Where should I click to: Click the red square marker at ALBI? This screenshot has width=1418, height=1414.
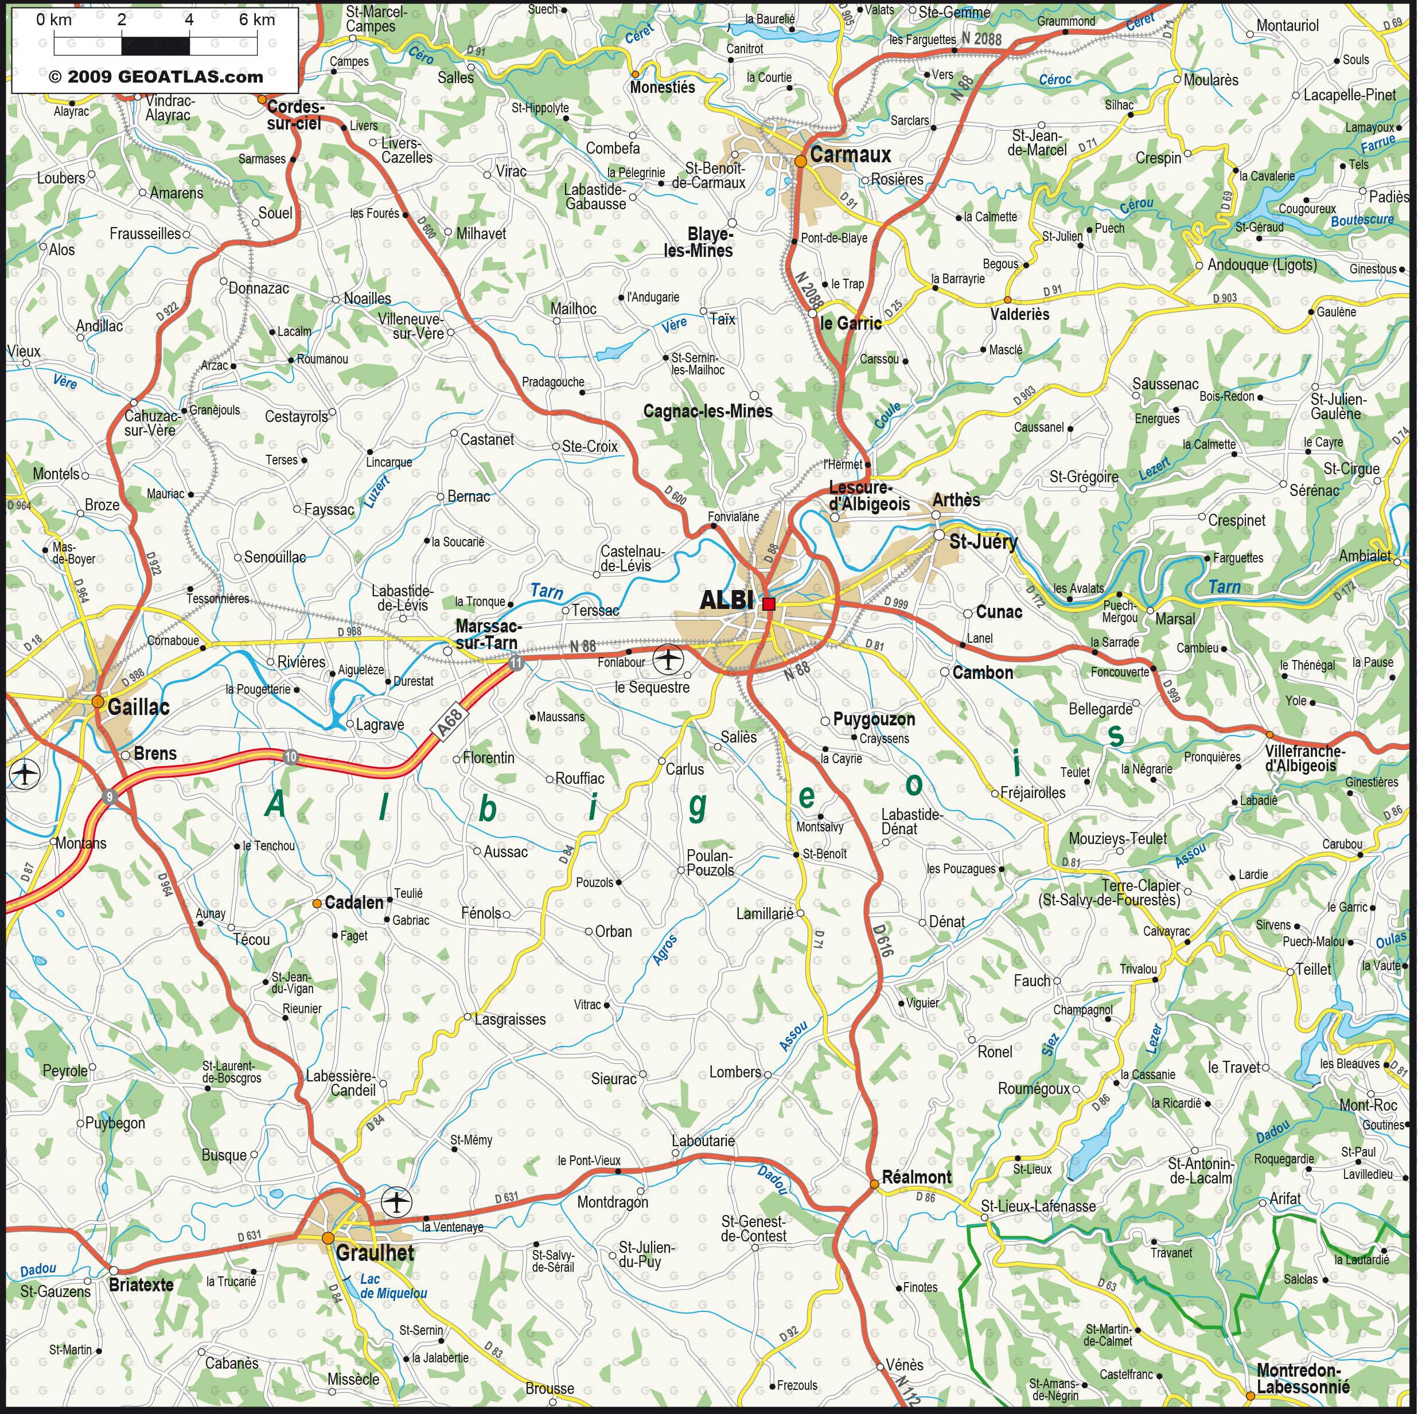[x=769, y=604]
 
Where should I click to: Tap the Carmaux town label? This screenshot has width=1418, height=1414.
[x=850, y=155]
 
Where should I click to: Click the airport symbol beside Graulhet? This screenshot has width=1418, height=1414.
[x=397, y=1202]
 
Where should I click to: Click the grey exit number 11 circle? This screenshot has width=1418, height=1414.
[x=516, y=663]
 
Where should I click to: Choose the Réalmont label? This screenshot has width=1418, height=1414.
[x=916, y=1177]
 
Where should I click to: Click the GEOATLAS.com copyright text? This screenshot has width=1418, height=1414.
[x=155, y=77]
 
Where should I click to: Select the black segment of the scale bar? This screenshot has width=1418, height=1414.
[x=155, y=45]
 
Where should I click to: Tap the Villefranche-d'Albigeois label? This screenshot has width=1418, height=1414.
[x=1305, y=759]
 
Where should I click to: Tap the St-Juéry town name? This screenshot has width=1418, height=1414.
[x=983, y=542]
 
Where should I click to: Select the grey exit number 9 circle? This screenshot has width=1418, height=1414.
[x=110, y=797]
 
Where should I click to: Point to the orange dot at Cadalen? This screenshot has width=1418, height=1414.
[x=316, y=903]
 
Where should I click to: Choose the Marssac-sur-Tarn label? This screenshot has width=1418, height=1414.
[x=488, y=635]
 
